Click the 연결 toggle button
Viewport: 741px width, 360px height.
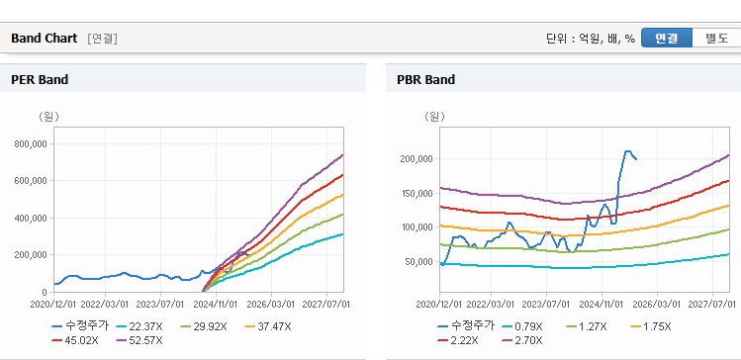pyautogui.click(x=667, y=39)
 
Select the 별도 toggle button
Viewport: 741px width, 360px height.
pyautogui.click(x=716, y=39)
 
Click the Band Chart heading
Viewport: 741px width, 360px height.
pyautogui.click(x=44, y=39)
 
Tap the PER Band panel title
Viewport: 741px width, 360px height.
pyautogui.click(x=40, y=80)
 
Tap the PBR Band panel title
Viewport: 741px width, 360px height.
pyautogui.click(x=425, y=80)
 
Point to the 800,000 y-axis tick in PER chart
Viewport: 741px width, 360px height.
pyautogui.click(x=32, y=143)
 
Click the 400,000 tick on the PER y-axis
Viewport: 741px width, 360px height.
pyautogui.click(x=32, y=218)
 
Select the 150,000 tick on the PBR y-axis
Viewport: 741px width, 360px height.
pyautogui.click(x=417, y=193)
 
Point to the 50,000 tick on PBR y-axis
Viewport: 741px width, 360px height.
pyautogui.click(x=419, y=261)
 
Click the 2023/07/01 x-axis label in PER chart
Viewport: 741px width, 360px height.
pyautogui.click(x=160, y=304)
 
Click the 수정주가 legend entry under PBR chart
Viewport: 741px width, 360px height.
pyautogui.click(x=466, y=326)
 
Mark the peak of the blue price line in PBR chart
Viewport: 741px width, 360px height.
pyautogui.click(x=627, y=151)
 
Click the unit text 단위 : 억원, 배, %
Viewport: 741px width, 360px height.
pyautogui.click(x=591, y=39)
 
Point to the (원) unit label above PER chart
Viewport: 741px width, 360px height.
pyautogui.click(x=48, y=117)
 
